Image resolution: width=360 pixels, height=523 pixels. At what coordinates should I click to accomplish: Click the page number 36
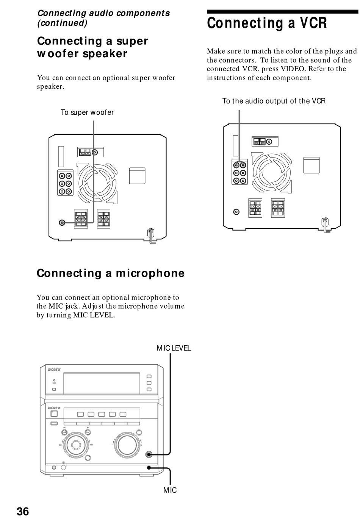[23, 511]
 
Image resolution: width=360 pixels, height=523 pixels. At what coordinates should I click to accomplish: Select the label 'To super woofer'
[87, 112]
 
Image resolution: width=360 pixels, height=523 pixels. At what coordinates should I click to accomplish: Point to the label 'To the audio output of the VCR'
[274, 101]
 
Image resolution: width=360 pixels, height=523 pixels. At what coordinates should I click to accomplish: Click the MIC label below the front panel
[170, 490]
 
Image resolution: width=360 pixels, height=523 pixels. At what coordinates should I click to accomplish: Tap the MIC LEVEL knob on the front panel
[149, 454]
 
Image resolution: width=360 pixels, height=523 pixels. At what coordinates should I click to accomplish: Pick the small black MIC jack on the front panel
[149, 467]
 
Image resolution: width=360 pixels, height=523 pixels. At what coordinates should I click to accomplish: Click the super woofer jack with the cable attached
[62, 223]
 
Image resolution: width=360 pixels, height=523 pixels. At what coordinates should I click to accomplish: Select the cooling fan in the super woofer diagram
[97, 183]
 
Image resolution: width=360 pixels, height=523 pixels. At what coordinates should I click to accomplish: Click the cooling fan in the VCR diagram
[271, 173]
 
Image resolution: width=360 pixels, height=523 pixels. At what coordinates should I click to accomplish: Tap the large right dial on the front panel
[127, 445]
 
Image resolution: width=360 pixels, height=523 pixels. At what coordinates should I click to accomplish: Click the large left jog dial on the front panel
[76, 445]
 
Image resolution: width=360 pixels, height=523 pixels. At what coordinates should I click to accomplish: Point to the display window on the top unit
[102, 383]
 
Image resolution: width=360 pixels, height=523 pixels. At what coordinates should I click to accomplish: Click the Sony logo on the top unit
[54, 370]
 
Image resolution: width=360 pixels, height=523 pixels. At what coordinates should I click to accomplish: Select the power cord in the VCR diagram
[326, 225]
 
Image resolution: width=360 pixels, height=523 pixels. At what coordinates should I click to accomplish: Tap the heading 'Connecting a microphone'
[111, 273]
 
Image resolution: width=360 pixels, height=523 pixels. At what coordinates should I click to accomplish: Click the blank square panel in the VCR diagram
[311, 165]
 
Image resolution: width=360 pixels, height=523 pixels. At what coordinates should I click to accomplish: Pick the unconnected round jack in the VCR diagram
[236, 212]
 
